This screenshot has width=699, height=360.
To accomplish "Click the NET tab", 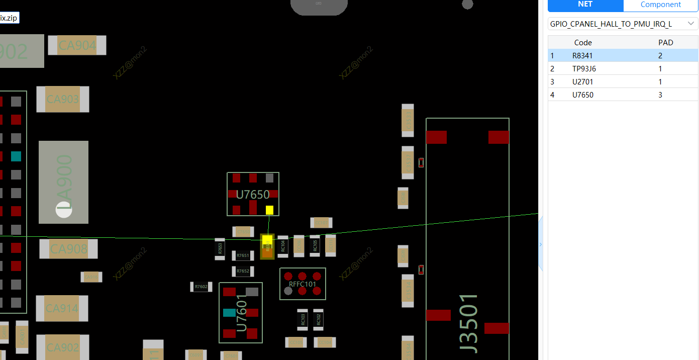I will pos(585,5).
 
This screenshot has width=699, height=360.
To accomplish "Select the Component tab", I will pos(660,5).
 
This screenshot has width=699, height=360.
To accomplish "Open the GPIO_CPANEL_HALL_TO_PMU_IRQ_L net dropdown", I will pos(622,24).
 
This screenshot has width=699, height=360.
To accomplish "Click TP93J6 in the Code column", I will pos(584,68).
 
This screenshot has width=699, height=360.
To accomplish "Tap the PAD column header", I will pos(665,42).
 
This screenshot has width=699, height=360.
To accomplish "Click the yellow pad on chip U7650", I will pos(269,210).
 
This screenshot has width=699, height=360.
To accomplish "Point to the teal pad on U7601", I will pos(229,313).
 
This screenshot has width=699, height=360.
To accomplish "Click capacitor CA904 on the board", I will pos(77,46).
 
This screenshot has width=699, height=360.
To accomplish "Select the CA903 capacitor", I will pos(63,99).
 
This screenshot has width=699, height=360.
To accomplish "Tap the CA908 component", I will pos(69,249).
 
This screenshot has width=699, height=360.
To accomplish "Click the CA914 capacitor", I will pos(62,308).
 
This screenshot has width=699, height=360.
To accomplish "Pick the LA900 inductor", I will pos(64,182).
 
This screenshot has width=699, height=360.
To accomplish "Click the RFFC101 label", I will pos(303,284).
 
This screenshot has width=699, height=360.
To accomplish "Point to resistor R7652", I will pos(243,271).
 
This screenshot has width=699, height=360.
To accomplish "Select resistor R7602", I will pos(201,287).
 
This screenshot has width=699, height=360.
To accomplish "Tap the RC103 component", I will pos(303,319).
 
